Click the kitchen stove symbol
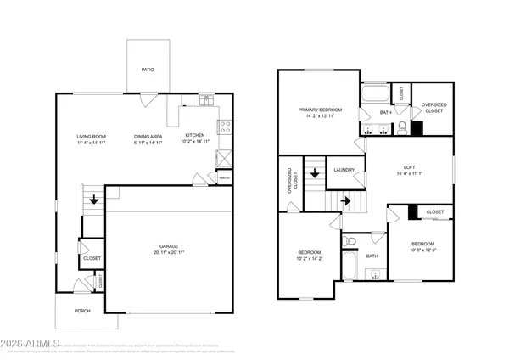226,127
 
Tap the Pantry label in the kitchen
224,177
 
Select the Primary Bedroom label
319,110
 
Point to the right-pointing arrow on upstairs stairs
345,201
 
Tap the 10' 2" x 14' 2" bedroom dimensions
309,258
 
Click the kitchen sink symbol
207,100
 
